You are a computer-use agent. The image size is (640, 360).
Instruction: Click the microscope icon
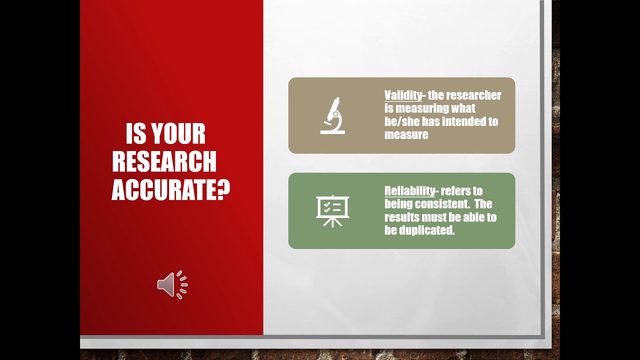click(x=332, y=115)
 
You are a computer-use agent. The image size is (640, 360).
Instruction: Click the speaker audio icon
click(x=172, y=285)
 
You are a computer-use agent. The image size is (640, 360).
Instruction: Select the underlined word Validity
click(x=403, y=95)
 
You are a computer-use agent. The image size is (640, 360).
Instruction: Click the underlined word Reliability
click(x=410, y=191)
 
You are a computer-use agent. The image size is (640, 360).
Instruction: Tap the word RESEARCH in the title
click(x=164, y=162)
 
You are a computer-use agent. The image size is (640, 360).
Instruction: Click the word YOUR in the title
click(x=178, y=134)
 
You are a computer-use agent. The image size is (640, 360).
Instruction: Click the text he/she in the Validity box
click(x=402, y=121)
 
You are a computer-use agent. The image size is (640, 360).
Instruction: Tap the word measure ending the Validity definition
click(x=406, y=134)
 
